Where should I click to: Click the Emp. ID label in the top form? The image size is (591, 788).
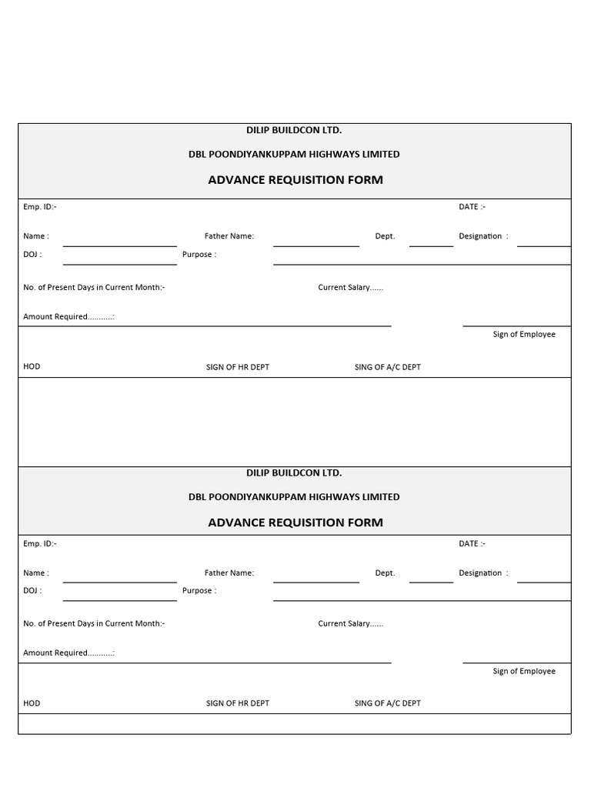(x=39, y=207)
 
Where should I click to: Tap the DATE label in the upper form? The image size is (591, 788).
(x=472, y=207)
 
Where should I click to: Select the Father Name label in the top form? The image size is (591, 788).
(x=229, y=236)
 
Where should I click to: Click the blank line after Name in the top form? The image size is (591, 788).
(x=119, y=243)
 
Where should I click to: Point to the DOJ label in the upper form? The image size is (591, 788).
(x=32, y=255)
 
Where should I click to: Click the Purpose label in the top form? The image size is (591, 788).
(x=199, y=255)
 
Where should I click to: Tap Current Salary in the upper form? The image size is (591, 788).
(x=350, y=288)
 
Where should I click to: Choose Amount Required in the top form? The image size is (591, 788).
(x=68, y=317)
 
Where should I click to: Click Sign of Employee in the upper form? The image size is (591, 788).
(x=523, y=335)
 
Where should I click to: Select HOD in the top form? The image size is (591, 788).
(x=32, y=367)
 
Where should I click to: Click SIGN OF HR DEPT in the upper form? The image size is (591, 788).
(x=237, y=368)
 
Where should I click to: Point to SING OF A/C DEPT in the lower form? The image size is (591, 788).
(x=387, y=703)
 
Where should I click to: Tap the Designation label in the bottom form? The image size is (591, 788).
(x=482, y=573)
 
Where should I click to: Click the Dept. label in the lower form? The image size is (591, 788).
(x=385, y=573)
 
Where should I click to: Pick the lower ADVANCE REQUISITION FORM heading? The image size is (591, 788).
(x=295, y=523)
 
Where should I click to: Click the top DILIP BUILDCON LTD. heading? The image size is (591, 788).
(x=294, y=131)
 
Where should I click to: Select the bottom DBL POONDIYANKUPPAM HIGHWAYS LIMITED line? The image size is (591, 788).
(x=294, y=497)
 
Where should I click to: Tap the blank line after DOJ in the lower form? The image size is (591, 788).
(x=119, y=598)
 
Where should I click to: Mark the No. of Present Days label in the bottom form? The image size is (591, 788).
(x=93, y=624)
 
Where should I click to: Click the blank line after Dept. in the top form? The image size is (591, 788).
(x=431, y=244)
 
